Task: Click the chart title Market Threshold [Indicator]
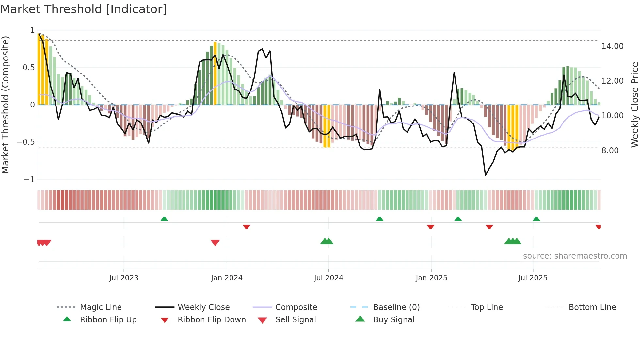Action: [84, 9]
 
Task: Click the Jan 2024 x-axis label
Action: [227, 278]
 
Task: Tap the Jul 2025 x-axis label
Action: [533, 278]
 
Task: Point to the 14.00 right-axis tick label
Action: [612, 46]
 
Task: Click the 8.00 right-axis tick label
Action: [610, 151]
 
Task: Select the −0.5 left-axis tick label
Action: [26, 142]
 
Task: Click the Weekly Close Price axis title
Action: [634, 105]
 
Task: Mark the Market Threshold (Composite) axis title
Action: [5, 105]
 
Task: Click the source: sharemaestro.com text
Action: [575, 256]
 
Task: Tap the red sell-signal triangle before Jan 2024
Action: [215, 243]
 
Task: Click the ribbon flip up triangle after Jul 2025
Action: [536, 219]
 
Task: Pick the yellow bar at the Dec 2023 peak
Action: [215, 74]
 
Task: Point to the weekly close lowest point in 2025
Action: [486, 175]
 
